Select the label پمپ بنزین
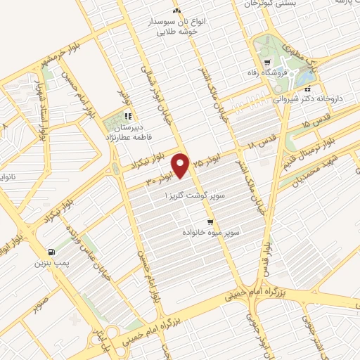(49, 264)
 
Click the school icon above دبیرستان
(128, 116)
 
